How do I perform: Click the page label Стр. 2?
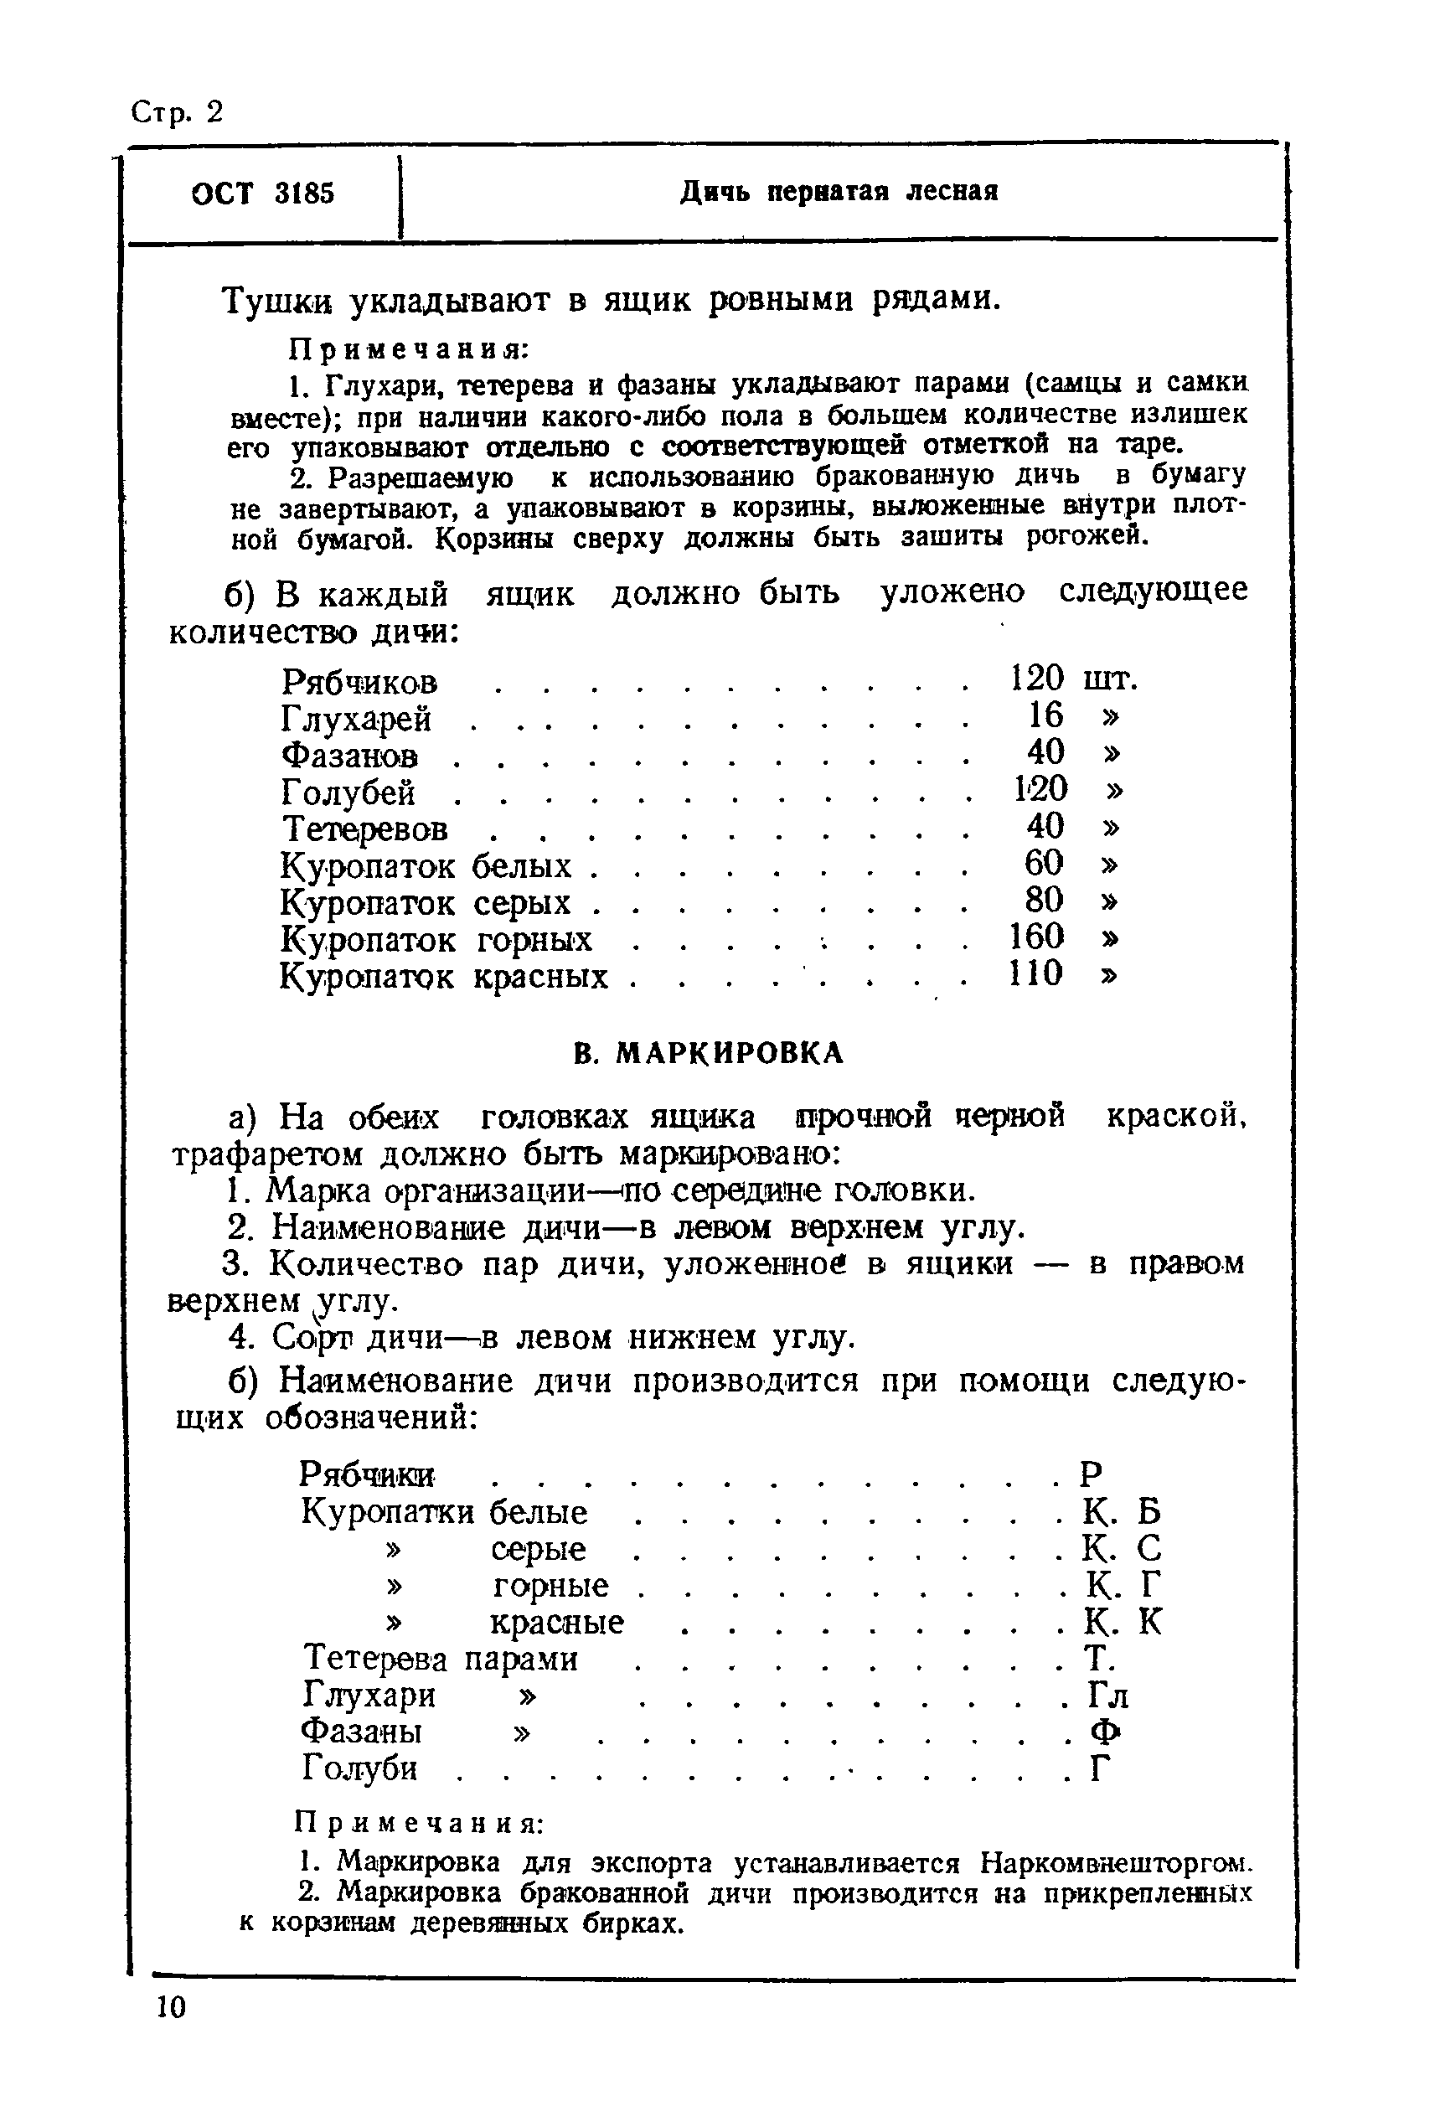pyautogui.click(x=177, y=112)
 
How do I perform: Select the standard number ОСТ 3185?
pyautogui.click(x=263, y=194)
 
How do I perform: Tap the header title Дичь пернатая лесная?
pyautogui.click(x=839, y=192)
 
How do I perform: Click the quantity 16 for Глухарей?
pyautogui.click(x=1045, y=715)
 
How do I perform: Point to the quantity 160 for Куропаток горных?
pyautogui.click(x=1036, y=937)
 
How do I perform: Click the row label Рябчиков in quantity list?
pyautogui.click(x=359, y=682)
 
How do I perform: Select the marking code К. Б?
pyautogui.click(x=1121, y=1511)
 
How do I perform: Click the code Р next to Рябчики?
pyautogui.click(x=1091, y=1474)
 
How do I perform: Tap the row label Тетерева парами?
pyautogui.click(x=439, y=1659)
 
